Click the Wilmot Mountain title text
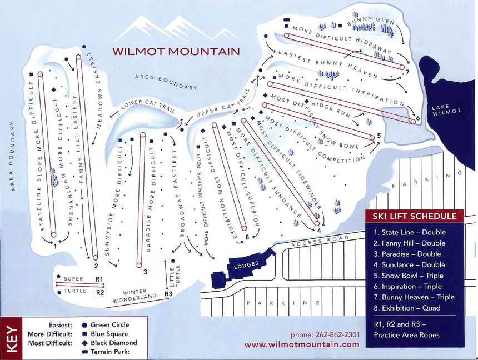pyautogui.click(x=176, y=51)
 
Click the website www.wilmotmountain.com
pyautogui.click(x=301, y=344)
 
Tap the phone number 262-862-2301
pyautogui.click(x=325, y=335)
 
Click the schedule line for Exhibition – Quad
pyautogui.click(x=407, y=308)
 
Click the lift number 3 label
pyautogui.click(x=145, y=272)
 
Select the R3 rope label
pyautogui.click(x=168, y=294)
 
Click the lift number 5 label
pyautogui.click(x=378, y=135)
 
